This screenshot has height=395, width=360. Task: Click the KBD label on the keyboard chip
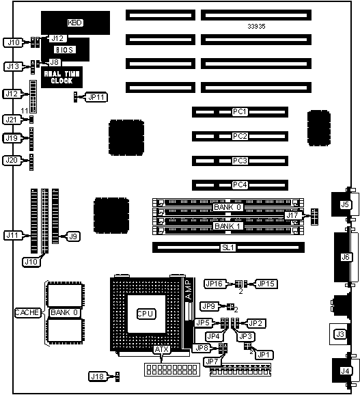(75, 23)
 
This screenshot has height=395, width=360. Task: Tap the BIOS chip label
(65, 50)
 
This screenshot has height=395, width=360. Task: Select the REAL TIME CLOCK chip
(61, 77)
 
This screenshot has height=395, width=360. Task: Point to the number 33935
(256, 27)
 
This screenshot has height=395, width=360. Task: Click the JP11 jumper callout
(96, 97)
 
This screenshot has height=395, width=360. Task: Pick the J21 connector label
(12, 120)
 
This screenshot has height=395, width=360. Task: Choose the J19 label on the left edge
(12, 138)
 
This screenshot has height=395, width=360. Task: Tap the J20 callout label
(12, 160)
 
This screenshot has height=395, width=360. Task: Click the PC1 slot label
(240, 111)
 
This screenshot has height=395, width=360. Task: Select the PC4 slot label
(240, 185)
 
